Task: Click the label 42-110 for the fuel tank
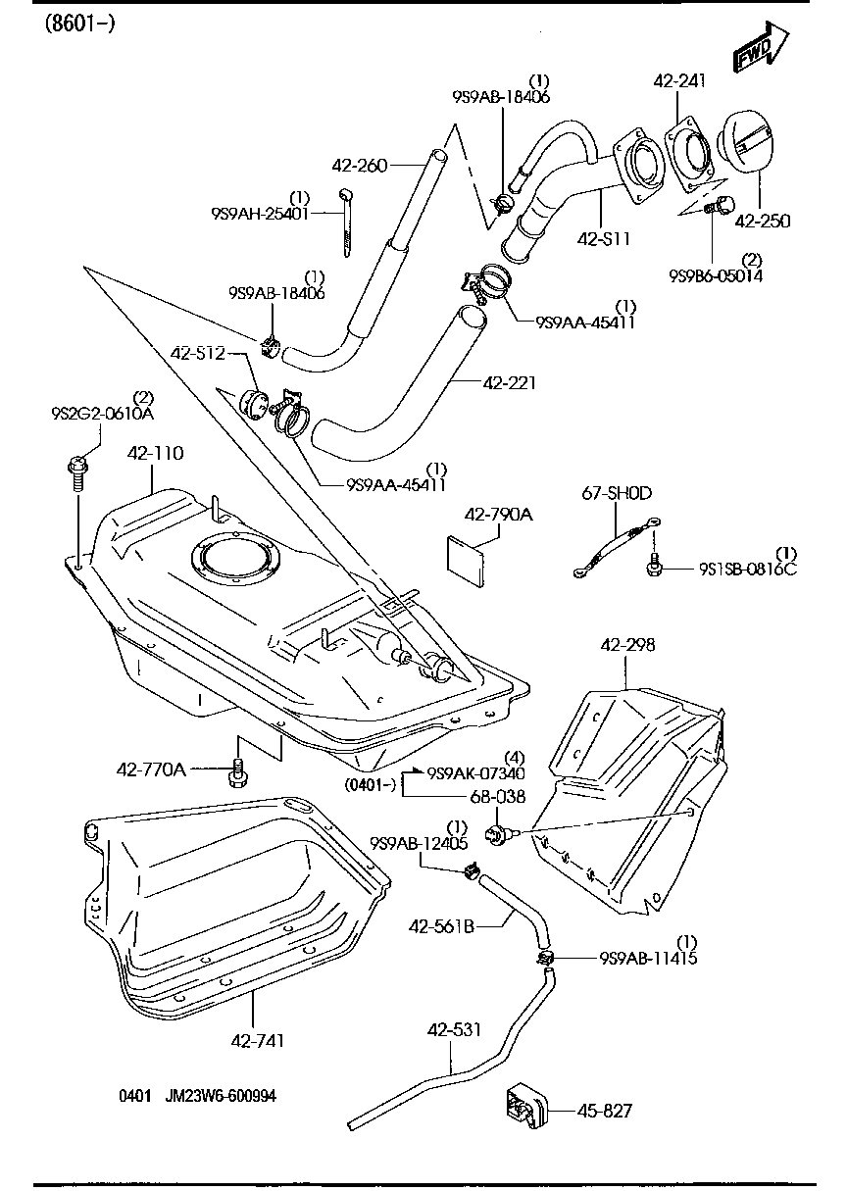pyautogui.click(x=156, y=454)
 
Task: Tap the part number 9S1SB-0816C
pyautogui.click(x=748, y=569)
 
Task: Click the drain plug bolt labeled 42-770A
pyautogui.click(x=236, y=771)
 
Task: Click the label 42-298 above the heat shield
pyautogui.click(x=627, y=645)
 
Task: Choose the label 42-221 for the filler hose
pyautogui.click(x=509, y=382)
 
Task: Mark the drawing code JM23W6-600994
pyautogui.click(x=221, y=1096)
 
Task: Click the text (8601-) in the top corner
pyautogui.click(x=79, y=23)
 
